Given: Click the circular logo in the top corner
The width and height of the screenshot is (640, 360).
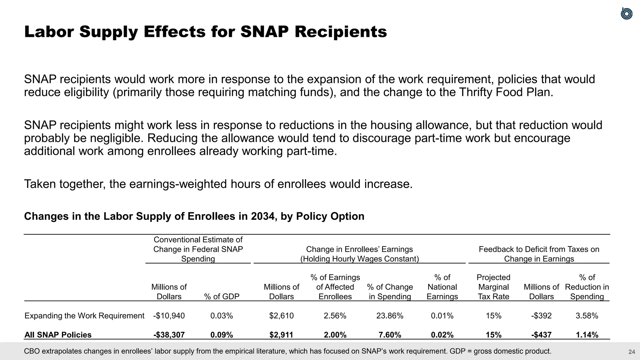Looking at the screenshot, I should click(626, 14).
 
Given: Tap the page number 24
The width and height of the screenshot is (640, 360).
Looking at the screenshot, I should click(632, 352).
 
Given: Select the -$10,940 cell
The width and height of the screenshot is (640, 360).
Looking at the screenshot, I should click(169, 316).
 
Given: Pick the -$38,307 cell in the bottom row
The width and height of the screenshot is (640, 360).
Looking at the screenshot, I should click(169, 335).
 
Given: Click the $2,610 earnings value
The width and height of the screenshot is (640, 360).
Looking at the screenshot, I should click(281, 316).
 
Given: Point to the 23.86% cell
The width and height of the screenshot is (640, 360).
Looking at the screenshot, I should click(390, 316).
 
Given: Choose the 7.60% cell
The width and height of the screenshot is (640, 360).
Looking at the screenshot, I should click(390, 335).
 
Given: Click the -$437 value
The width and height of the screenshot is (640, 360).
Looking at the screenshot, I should click(541, 335).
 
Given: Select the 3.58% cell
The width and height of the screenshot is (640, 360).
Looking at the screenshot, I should click(587, 316).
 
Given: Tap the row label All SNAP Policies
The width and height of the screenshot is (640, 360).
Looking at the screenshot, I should click(58, 335).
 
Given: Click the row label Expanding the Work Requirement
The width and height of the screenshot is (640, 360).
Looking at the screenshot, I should click(84, 316).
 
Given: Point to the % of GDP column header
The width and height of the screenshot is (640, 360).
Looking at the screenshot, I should click(222, 297).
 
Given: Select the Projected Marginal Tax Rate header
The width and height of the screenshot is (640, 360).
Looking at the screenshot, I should click(493, 287).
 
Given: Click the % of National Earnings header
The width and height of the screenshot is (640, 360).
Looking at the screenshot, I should click(442, 287).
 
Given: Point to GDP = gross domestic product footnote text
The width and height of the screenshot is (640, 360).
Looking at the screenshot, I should click(500, 351).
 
